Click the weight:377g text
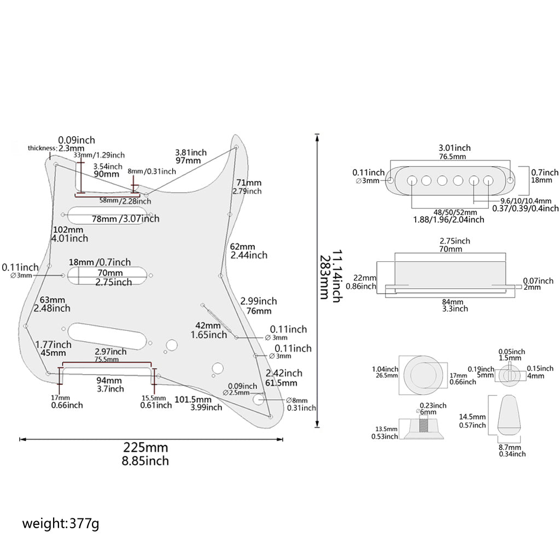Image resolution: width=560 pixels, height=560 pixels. click(61, 524)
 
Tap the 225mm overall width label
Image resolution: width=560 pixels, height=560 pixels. click(145, 447)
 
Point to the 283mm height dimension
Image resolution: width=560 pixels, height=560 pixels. click(324, 277)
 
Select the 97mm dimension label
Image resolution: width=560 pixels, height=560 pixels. click(188, 161)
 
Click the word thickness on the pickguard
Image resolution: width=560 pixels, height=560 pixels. click(42, 148)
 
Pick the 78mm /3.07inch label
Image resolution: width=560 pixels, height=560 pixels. click(125, 219)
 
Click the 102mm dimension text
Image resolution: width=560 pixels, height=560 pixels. click(68, 230)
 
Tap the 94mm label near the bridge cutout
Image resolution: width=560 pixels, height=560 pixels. click(109, 381)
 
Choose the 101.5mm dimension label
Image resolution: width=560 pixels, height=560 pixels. click(193, 399)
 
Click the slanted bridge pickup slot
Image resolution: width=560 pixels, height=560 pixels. click(107, 336)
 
